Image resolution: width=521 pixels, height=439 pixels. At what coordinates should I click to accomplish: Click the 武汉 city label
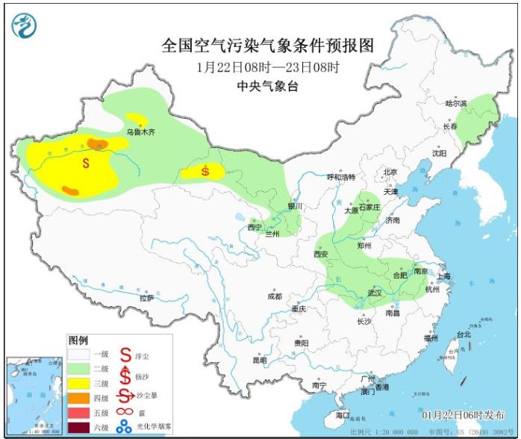374,293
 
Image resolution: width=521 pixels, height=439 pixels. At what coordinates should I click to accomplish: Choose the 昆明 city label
259,361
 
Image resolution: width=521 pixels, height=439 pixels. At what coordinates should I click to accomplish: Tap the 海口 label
343,414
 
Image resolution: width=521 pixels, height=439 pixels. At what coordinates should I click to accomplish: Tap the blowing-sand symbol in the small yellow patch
205,172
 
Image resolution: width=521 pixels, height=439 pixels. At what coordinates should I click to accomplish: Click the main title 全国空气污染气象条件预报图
267,46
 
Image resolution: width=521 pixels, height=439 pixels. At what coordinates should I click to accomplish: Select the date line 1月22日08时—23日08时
268,67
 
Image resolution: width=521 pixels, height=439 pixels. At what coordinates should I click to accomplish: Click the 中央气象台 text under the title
267,87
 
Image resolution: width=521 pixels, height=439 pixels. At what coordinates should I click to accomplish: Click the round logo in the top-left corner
23,26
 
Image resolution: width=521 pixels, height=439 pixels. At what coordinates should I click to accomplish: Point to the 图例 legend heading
78,340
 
